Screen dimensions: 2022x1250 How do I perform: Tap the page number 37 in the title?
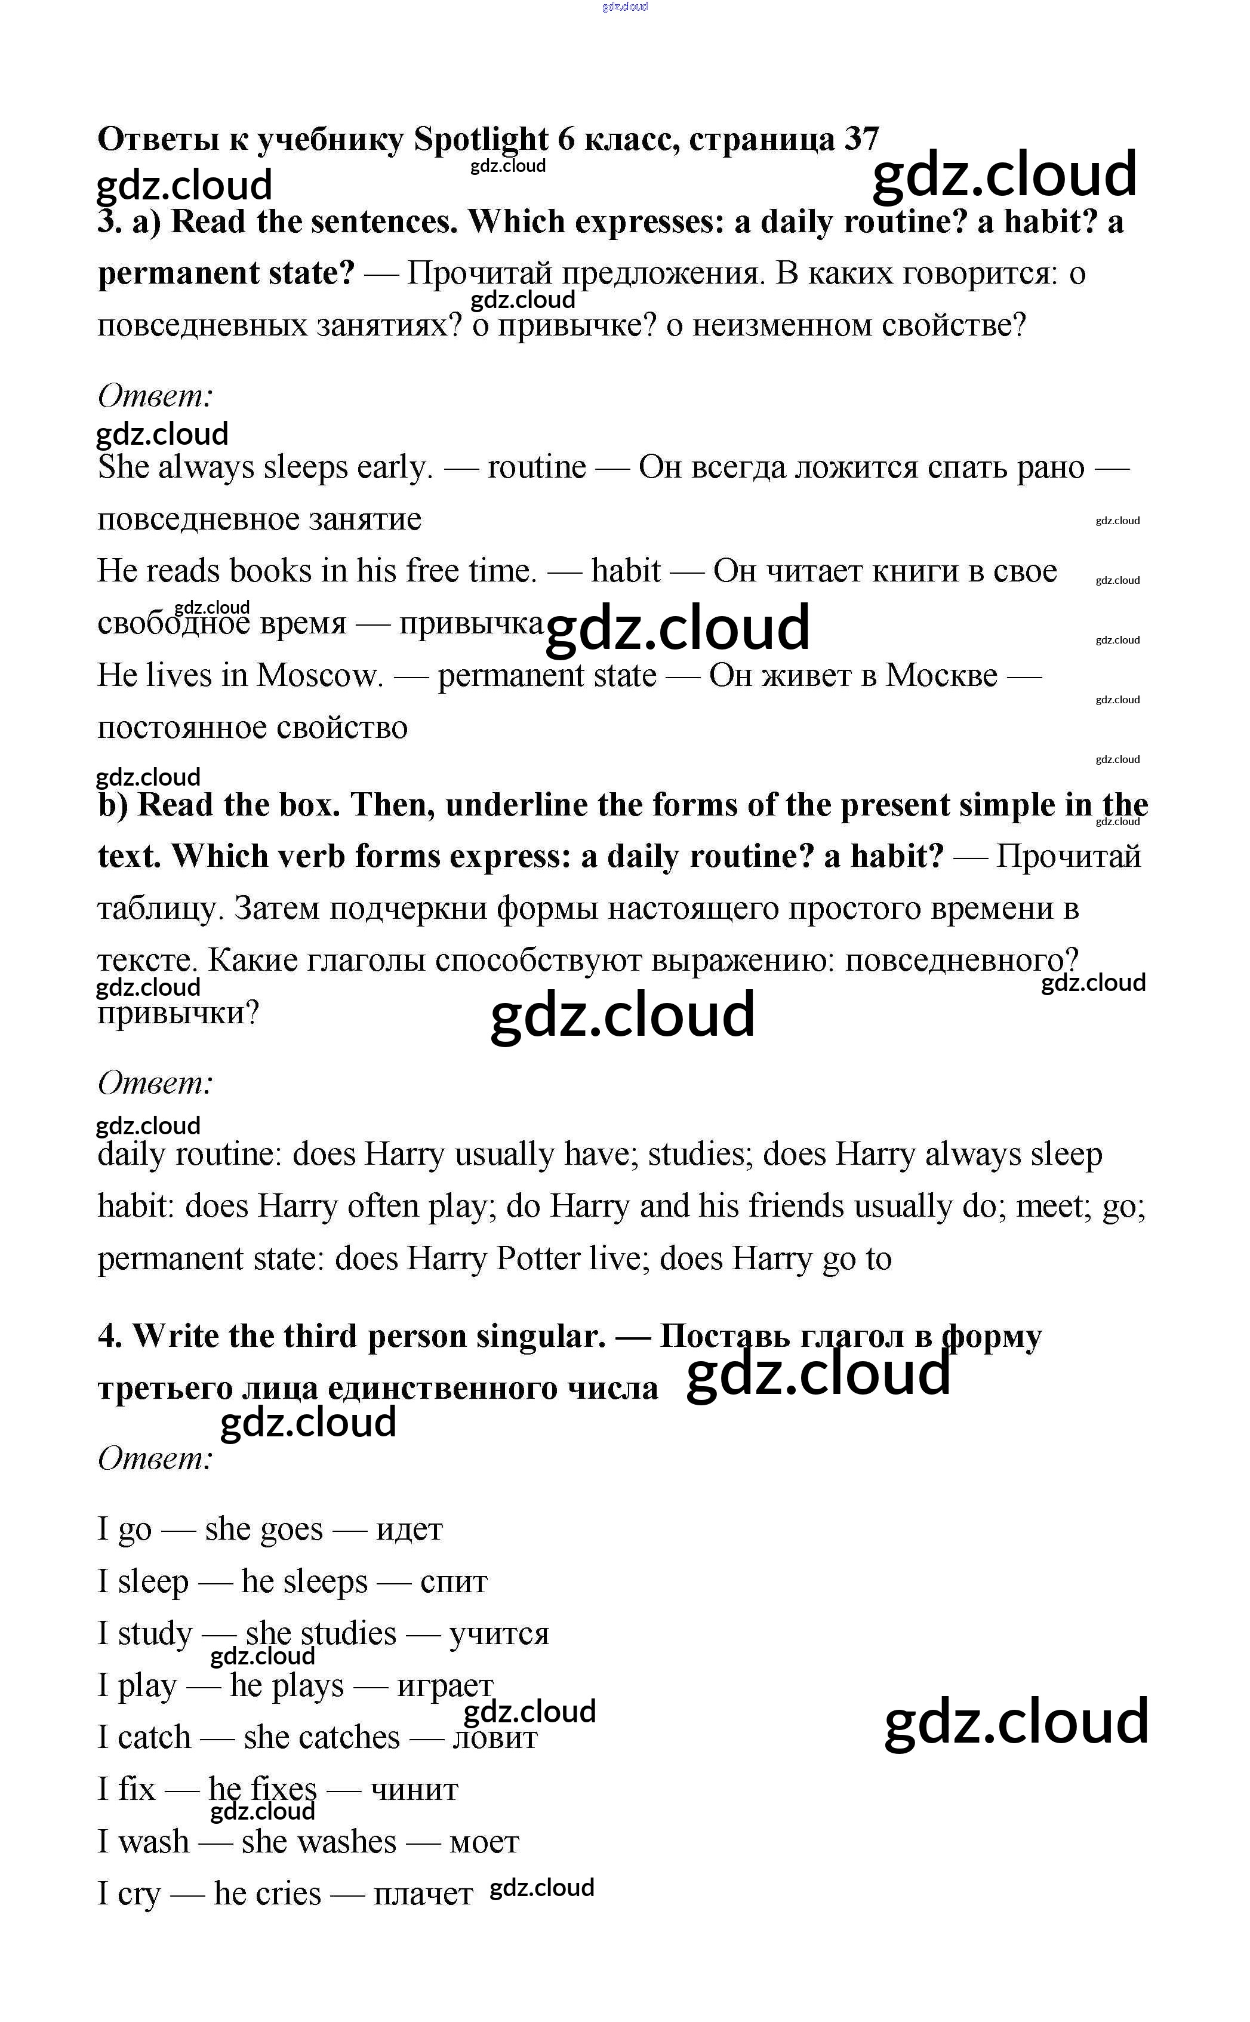[861, 139]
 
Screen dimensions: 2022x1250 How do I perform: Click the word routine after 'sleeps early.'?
[537, 467]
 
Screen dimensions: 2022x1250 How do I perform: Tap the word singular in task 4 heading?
[546, 1336]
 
